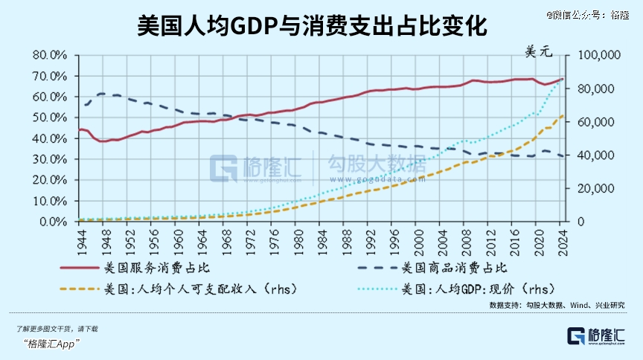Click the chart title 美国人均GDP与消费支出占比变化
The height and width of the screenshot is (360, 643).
pos(313,28)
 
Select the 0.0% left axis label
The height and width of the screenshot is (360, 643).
pos(54,222)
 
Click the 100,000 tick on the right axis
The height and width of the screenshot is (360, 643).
pos(589,55)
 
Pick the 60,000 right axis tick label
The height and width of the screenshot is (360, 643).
pos(592,122)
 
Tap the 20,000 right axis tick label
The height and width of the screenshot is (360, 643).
pos(592,189)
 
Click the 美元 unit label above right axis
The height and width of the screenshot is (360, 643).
pos(540,52)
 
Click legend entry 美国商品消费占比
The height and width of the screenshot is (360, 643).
pos(454,268)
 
